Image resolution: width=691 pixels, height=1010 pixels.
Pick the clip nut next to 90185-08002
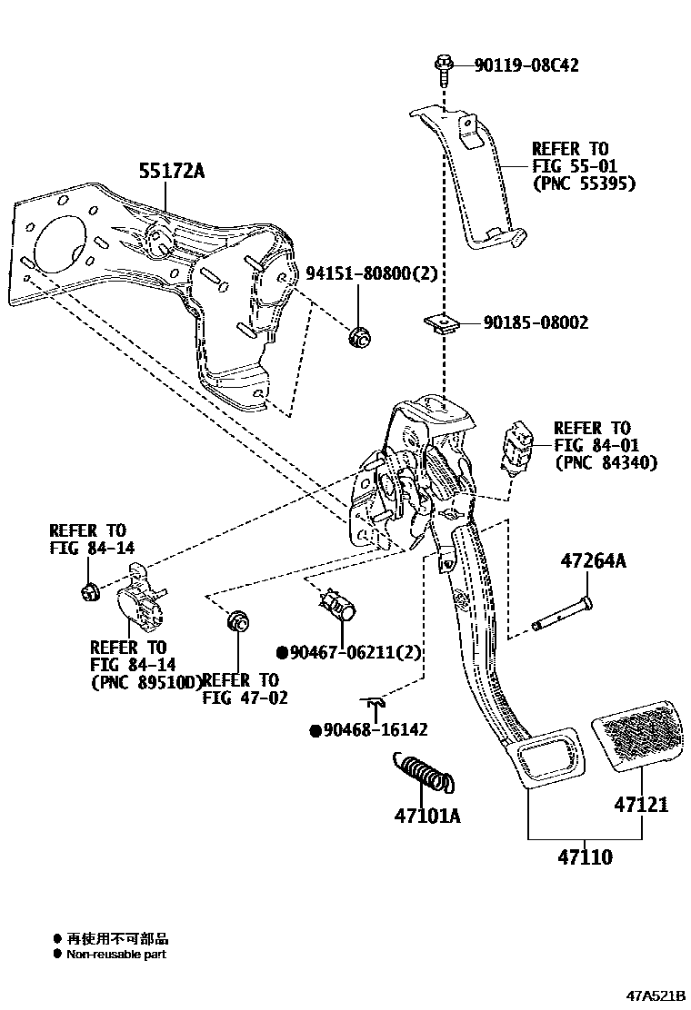point(440,323)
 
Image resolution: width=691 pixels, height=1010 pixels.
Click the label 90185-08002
point(535,322)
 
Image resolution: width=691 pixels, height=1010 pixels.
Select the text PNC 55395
point(583,183)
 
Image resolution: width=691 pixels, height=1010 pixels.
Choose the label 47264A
point(593,561)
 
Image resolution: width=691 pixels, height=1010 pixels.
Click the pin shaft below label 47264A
point(562,612)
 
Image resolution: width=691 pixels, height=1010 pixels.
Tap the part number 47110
point(586,856)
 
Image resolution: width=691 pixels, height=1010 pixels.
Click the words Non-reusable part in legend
point(116,954)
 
